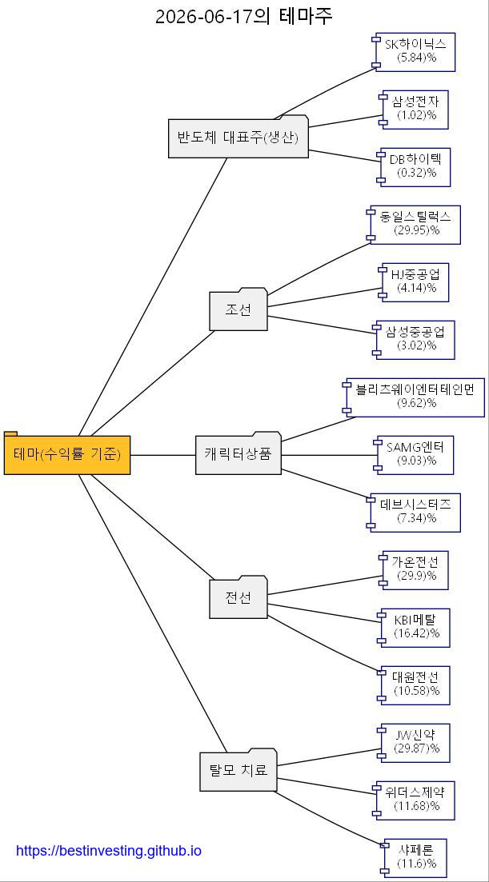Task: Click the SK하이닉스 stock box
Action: [415, 52]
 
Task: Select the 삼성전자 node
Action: [415, 110]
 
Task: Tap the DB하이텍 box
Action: [415, 167]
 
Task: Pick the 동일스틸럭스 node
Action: [415, 225]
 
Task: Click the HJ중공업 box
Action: [415, 282]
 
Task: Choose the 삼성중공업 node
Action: [415, 340]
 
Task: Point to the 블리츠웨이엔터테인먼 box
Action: [415, 397]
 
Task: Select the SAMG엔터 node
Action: [415, 455]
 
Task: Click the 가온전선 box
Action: [415, 570]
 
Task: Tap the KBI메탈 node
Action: [415, 628]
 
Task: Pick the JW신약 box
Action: [415, 743]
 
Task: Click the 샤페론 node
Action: [415, 858]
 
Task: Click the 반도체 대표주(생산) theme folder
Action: [238, 137]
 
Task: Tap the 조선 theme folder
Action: [238, 309]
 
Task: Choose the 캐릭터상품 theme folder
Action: [238, 453]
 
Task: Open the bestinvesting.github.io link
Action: [109, 850]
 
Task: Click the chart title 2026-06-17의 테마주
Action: [244, 16]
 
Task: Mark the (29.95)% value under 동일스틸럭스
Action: [417, 230]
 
